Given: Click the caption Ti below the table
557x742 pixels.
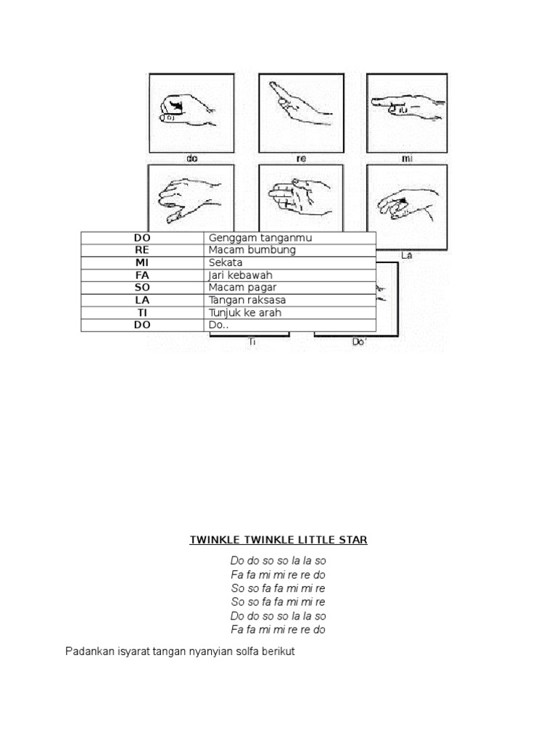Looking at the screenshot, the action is coord(252,341).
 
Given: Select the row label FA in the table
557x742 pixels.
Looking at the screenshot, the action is coord(142,275).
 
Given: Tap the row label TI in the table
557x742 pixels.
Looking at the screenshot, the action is coord(142,312).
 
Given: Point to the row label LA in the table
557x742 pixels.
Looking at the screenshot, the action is coord(142,300).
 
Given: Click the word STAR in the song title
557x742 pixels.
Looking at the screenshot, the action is coord(351,540).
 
